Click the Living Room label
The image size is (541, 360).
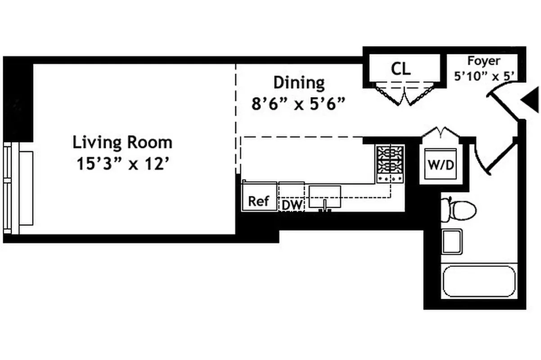tap(122, 142)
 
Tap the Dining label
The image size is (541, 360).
tap(299, 83)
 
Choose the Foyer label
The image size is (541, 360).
tap(483, 61)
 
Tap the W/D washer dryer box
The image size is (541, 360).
tap(441, 165)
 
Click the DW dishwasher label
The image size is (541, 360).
tap(292, 205)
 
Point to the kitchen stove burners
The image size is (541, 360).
tap(390, 160)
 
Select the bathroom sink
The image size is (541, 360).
tap(452, 241)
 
